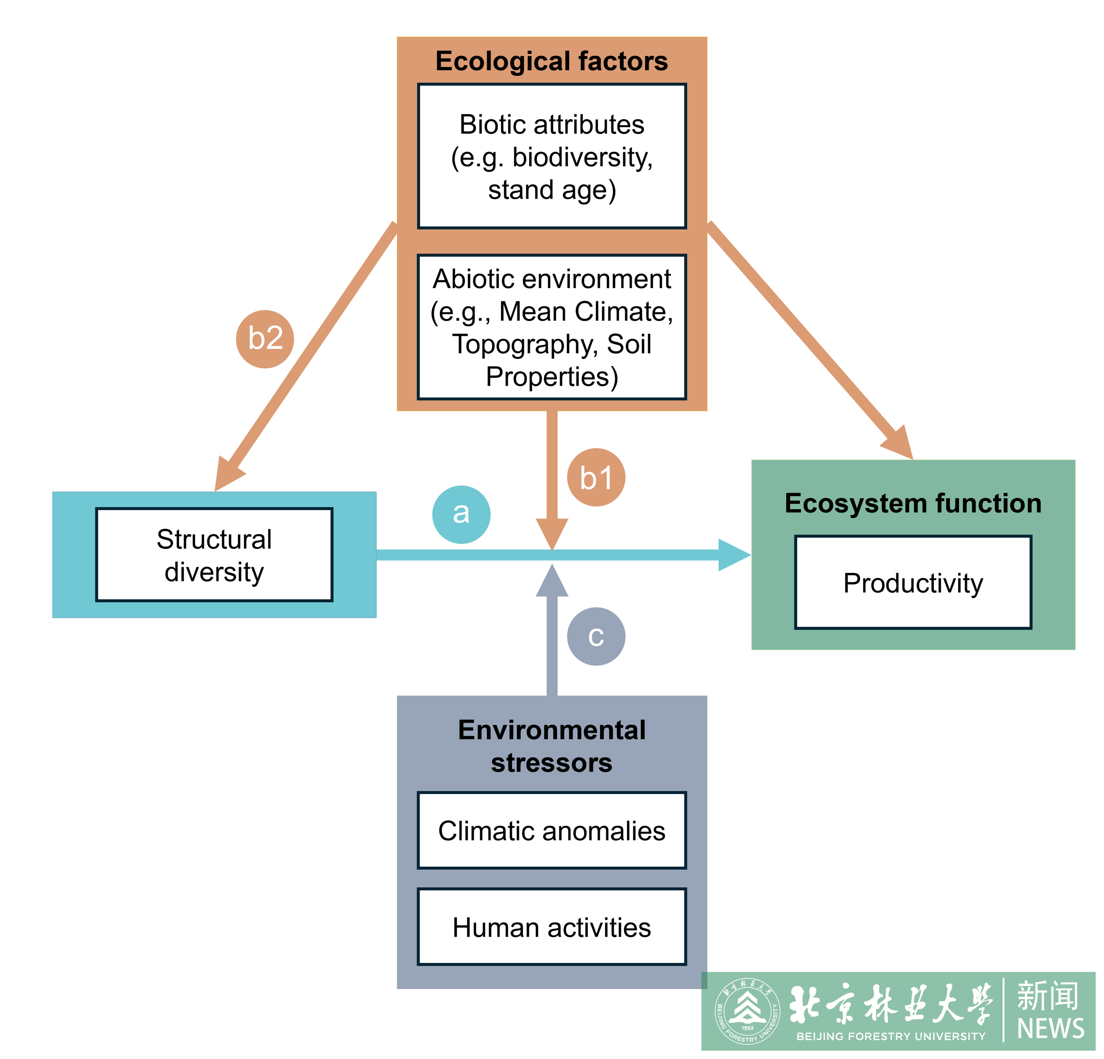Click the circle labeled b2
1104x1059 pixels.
click(x=265, y=339)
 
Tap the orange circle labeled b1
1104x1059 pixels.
click(x=596, y=478)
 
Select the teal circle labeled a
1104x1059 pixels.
click(x=461, y=514)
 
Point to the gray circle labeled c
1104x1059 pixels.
click(x=596, y=637)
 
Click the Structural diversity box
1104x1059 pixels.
click(x=214, y=555)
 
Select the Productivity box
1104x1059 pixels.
click(x=913, y=582)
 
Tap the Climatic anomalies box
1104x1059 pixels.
click(x=552, y=831)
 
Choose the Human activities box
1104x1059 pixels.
click(x=552, y=927)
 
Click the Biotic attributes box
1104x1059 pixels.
click(x=552, y=156)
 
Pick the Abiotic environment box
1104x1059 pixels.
click(x=552, y=327)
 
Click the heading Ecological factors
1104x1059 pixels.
click(x=552, y=61)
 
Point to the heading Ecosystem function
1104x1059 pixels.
click(x=913, y=503)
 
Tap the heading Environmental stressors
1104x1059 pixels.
click(x=552, y=746)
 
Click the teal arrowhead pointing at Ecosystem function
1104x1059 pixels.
click(x=733, y=555)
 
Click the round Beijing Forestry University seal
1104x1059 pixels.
click(x=747, y=1012)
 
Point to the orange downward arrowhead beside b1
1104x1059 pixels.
click(x=552, y=532)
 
